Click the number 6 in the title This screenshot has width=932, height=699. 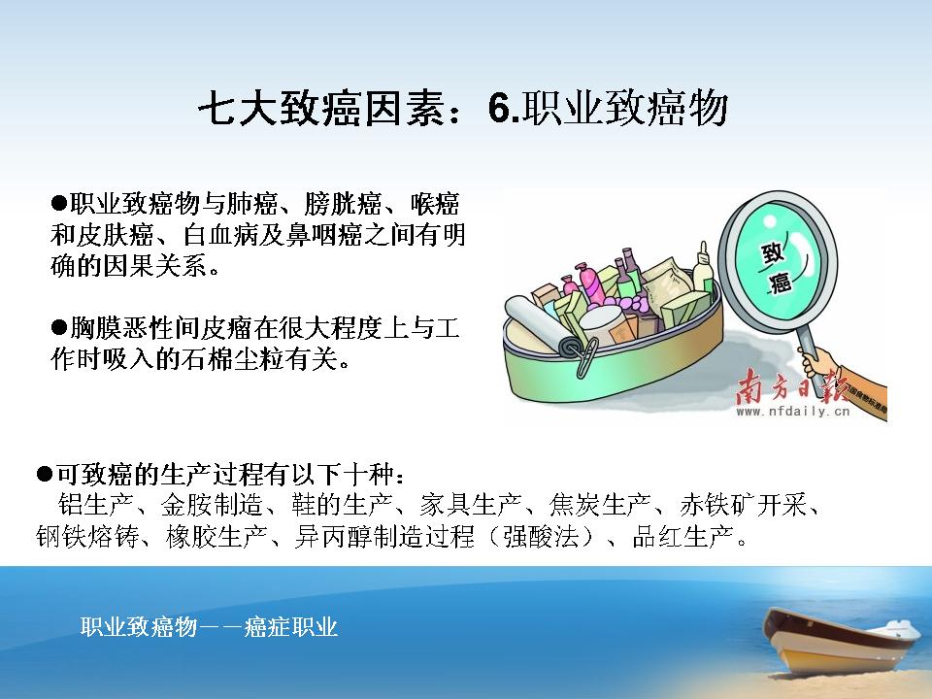498,109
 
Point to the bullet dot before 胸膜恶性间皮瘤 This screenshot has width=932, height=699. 59,327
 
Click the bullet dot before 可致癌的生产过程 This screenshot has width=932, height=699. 45,474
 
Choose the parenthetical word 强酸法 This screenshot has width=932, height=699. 541,536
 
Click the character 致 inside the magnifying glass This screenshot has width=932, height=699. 773,253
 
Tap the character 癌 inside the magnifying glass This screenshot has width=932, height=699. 781,282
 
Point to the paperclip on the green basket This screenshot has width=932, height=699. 585,355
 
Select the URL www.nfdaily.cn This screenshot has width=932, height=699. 793,411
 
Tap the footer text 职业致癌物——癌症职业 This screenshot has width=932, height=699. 210,627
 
